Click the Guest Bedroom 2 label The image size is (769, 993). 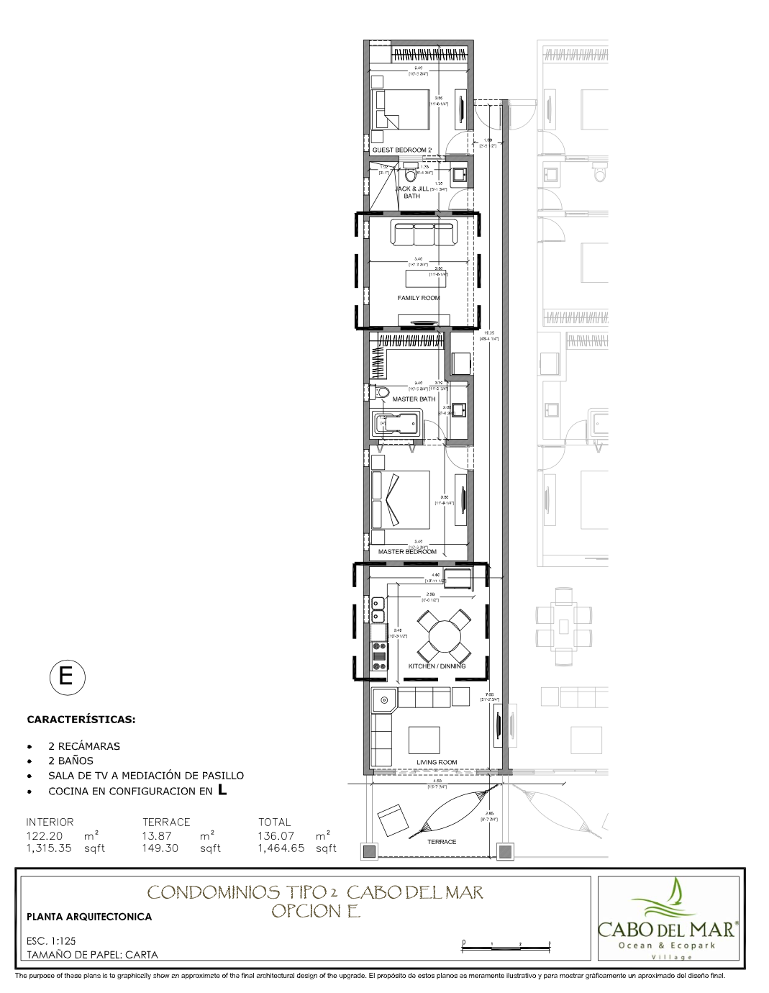click(x=401, y=150)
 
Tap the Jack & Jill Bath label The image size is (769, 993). click(x=412, y=191)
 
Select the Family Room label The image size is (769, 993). click(x=418, y=298)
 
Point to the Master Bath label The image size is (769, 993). click(x=414, y=399)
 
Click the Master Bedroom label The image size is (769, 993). click(x=407, y=552)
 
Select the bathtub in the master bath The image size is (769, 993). click(x=397, y=423)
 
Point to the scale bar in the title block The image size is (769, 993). click(x=506, y=945)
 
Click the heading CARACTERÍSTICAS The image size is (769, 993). click(x=81, y=719)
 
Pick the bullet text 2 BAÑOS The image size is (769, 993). click(x=70, y=760)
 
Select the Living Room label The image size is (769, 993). click(x=437, y=762)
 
